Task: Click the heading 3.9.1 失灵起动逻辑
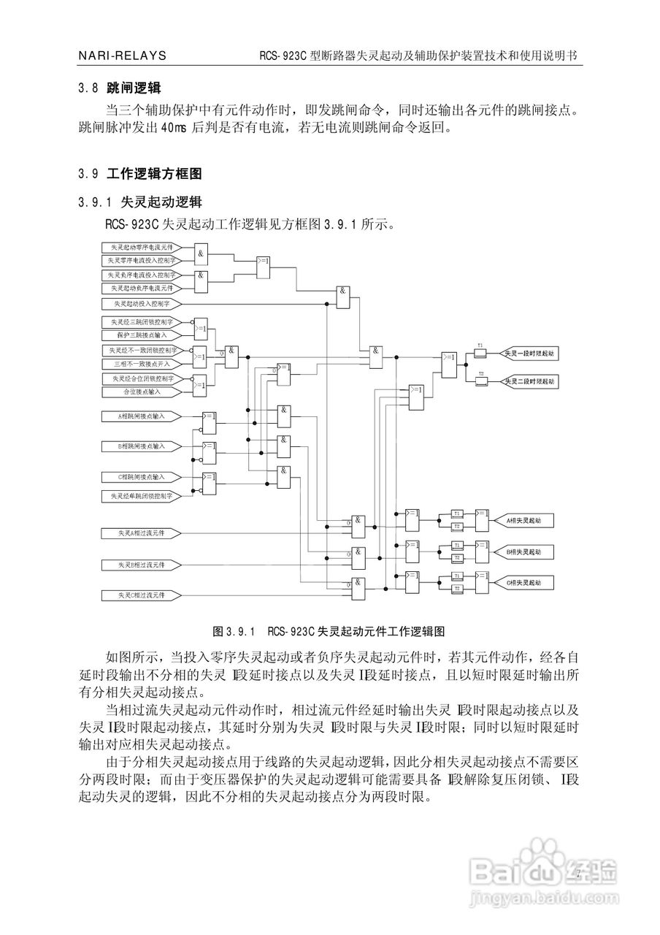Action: click(140, 201)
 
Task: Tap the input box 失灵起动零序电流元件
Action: click(142, 247)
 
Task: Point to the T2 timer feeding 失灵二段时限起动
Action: click(480, 382)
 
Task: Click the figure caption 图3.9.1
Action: click(329, 630)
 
